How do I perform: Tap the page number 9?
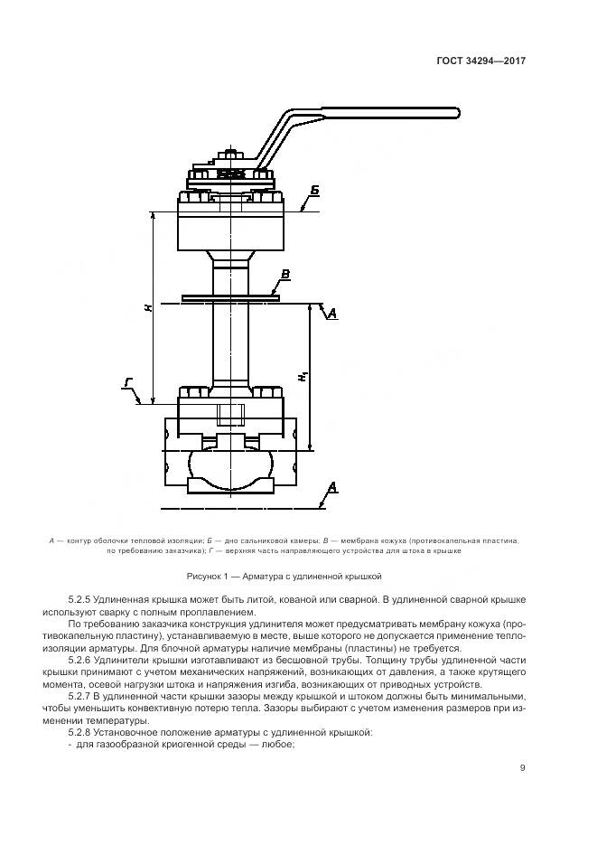pyautogui.click(x=522, y=768)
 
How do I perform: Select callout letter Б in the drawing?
pyautogui.click(x=314, y=191)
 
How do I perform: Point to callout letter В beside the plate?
pyautogui.click(x=285, y=273)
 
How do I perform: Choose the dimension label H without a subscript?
pyautogui.click(x=147, y=307)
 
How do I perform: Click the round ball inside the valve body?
pyautogui.click(x=229, y=462)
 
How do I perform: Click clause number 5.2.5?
pyautogui.click(x=81, y=600)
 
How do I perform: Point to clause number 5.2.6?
pyautogui.click(x=81, y=661)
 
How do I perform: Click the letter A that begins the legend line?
pyautogui.click(x=50, y=540)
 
